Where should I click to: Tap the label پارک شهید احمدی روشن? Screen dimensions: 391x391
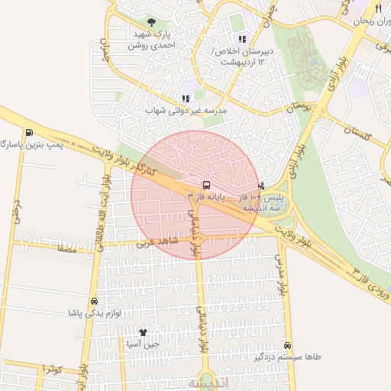pyautogui.click(x=150, y=40)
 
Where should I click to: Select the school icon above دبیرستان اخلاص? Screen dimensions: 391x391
pyautogui.click(x=242, y=39)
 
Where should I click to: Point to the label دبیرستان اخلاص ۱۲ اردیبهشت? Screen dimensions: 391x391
pyautogui.click(x=244, y=56)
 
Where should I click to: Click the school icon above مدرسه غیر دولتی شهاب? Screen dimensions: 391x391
pyautogui.click(x=185, y=99)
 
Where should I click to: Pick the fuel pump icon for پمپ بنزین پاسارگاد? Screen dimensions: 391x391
pyautogui.click(x=29, y=132)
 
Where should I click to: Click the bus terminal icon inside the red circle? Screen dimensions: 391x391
pyautogui.click(x=206, y=185)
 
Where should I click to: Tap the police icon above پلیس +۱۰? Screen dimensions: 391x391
pyautogui.click(x=261, y=185)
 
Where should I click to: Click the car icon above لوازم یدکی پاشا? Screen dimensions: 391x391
pyautogui.click(x=94, y=302)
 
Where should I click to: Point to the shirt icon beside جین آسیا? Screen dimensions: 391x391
pyautogui.click(x=143, y=332)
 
